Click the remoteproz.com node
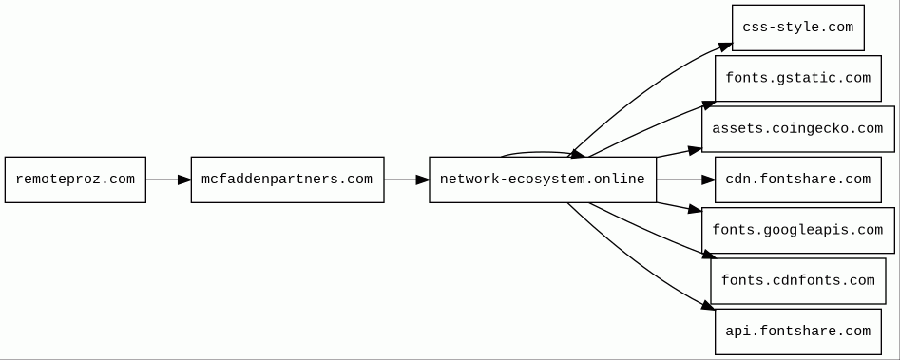(x=75, y=180)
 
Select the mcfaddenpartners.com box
(x=287, y=180)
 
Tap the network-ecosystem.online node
(x=543, y=180)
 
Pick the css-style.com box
(x=797, y=28)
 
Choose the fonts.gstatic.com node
(x=797, y=79)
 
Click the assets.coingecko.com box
(x=797, y=129)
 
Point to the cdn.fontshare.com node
(x=797, y=180)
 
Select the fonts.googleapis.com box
(x=797, y=230)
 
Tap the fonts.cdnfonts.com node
(x=797, y=281)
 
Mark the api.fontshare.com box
(x=797, y=332)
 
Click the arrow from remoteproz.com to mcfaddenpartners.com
(x=168, y=180)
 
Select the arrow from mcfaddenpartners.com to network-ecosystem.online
(x=407, y=180)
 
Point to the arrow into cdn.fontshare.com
(x=686, y=180)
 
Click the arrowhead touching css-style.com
(x=725, y=47)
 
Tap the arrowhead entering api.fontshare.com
(x=709, y=306)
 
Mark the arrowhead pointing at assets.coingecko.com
(x=695, y=150)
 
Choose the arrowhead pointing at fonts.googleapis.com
(x=695, y=209)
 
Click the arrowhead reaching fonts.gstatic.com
(x=708, y=105)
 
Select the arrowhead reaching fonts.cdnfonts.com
(x=706, y=255)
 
